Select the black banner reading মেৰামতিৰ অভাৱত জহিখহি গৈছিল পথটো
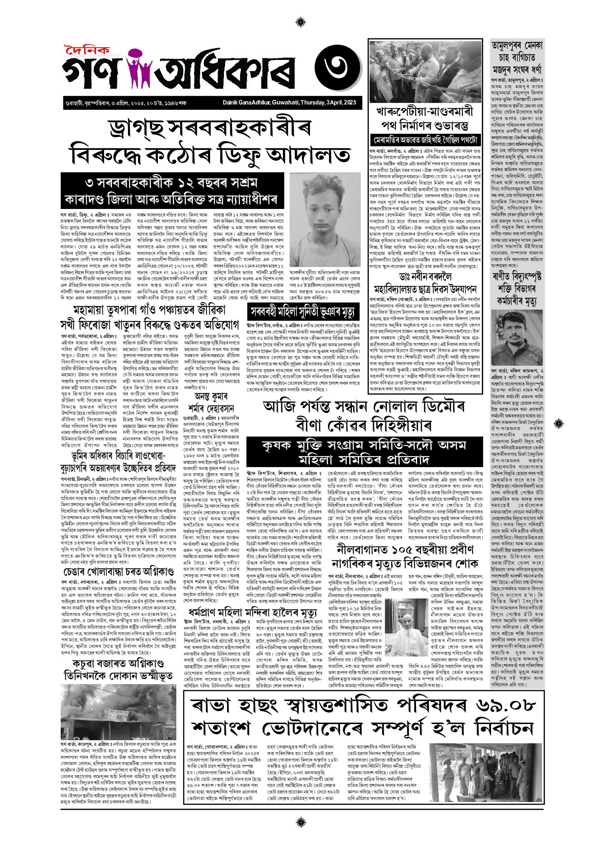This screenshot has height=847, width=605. click(x=425, y=139)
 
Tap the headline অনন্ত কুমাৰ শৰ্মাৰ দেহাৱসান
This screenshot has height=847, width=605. click(x=211, y=403)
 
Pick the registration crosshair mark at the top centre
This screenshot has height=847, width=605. click(x=302, y=22)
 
